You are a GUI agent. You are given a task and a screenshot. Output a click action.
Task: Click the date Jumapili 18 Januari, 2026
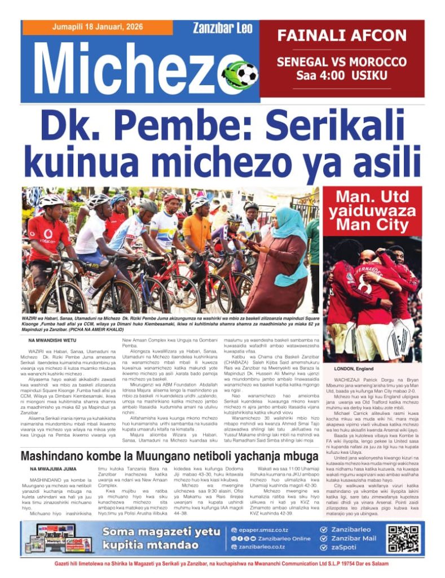tap(96, 27)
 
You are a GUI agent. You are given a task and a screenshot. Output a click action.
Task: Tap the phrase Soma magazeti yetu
tap(161, 532)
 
